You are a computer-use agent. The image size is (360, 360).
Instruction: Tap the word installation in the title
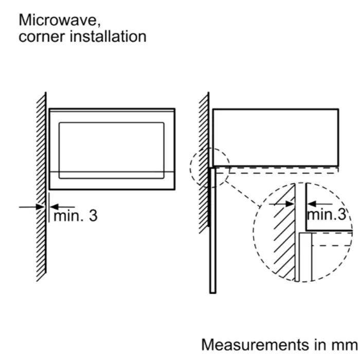pos(109,37)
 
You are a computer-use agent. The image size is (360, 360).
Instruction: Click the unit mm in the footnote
pos(344,344)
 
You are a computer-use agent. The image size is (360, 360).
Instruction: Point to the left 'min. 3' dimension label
pos(75,215)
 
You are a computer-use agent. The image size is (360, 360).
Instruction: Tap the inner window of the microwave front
pos(112,150)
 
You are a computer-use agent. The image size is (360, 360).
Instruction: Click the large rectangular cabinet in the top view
pos(275,137)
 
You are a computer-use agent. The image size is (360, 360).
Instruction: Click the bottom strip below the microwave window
pos(112,181)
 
